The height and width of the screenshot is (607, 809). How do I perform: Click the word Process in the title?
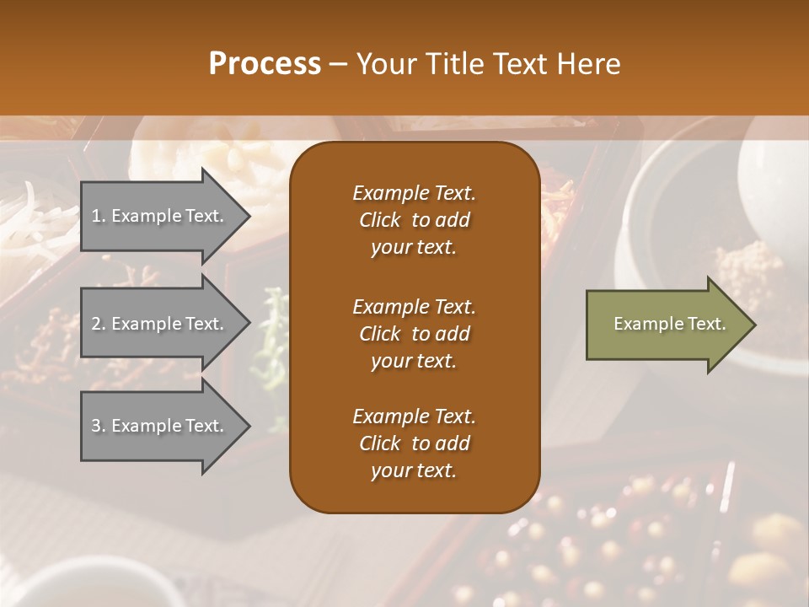[265, 64]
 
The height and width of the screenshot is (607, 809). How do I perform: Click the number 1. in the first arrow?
[98, 216]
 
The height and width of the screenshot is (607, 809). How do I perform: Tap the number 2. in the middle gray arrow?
[98, 324]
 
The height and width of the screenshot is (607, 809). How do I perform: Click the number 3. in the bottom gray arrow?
[98, 426]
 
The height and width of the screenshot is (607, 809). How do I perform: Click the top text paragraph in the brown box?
[414, 220]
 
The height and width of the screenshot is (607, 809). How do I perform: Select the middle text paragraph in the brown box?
[414, 333]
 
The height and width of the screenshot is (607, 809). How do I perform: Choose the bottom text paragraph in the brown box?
[414, 443]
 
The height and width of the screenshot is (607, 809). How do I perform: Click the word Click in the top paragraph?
[380, 220]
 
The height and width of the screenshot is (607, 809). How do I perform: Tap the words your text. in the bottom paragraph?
[414, 470]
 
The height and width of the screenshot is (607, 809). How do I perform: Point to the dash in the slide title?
[338, 64]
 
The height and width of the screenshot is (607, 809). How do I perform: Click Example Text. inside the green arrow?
[670, 324]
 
